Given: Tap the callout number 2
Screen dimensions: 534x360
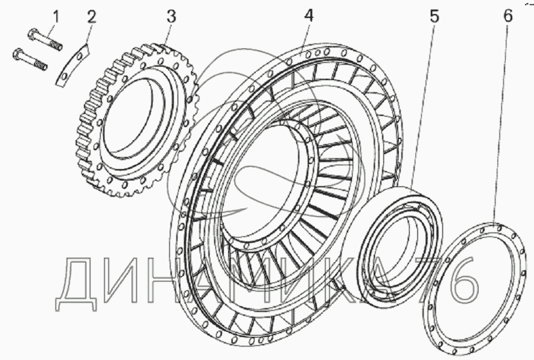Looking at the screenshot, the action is (x=91, y=16).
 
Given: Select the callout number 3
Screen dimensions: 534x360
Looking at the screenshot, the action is (x=171, y=16).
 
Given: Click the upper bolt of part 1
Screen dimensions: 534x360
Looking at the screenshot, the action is (x=45, y=39).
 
